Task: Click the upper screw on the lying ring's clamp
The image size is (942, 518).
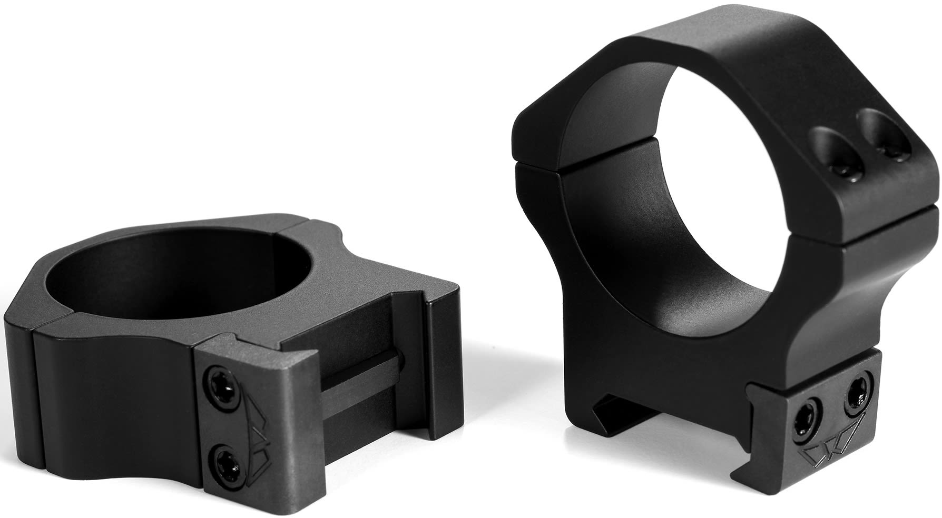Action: (220, 377)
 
